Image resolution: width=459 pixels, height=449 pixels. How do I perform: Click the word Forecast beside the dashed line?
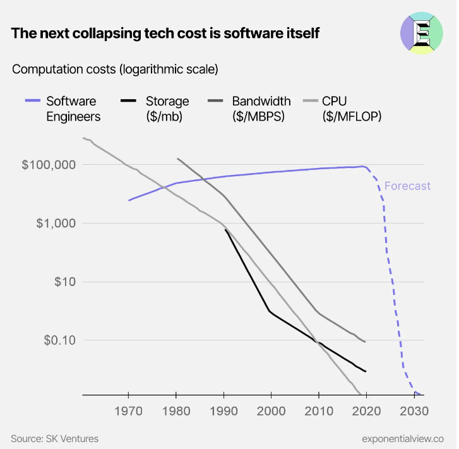point(407,186)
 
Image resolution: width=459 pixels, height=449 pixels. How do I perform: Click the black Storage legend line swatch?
point(129,101)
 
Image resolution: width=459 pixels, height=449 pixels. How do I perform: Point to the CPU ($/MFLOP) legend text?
point(352,108)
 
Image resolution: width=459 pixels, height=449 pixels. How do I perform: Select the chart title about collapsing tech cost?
point(165,33)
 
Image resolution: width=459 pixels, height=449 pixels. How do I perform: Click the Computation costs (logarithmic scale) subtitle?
point(115,69)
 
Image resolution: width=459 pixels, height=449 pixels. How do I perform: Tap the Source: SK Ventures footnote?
point(55,438)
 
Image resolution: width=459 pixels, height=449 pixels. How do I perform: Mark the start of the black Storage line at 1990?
point(225,230)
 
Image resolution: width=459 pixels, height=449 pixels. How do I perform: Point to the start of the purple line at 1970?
point(129,200)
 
